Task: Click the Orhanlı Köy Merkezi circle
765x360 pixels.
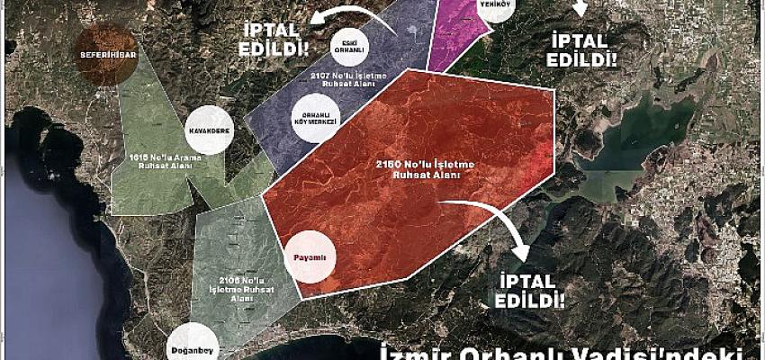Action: [317, 120]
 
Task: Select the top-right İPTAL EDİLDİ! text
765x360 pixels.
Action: [583, 49]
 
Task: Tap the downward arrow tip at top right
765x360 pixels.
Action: [580, 9]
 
